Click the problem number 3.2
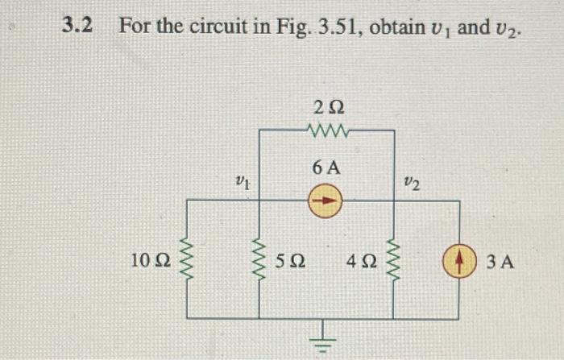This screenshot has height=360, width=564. (x=77, y=26)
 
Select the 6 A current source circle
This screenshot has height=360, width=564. (x=326, y=199)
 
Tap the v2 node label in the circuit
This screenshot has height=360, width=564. (x=411, y=185)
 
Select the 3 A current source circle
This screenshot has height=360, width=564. (x=460, y=261)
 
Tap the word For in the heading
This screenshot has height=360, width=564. (x=134, y=26)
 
